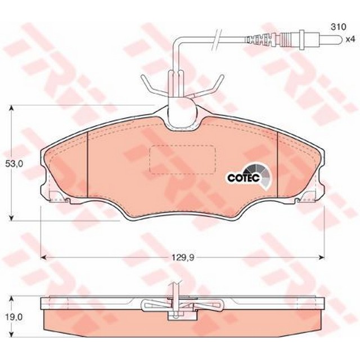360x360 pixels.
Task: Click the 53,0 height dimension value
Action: tap(14, 164)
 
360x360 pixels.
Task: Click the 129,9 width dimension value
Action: tap(183, 258)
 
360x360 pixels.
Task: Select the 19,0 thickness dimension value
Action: tap(14, 317)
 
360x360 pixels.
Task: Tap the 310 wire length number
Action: tap(338, 27)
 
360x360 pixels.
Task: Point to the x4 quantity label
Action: tap(350, 39)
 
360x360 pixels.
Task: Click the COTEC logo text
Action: tap(244, 178)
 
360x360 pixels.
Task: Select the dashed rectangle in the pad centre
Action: tap(182, 159)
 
